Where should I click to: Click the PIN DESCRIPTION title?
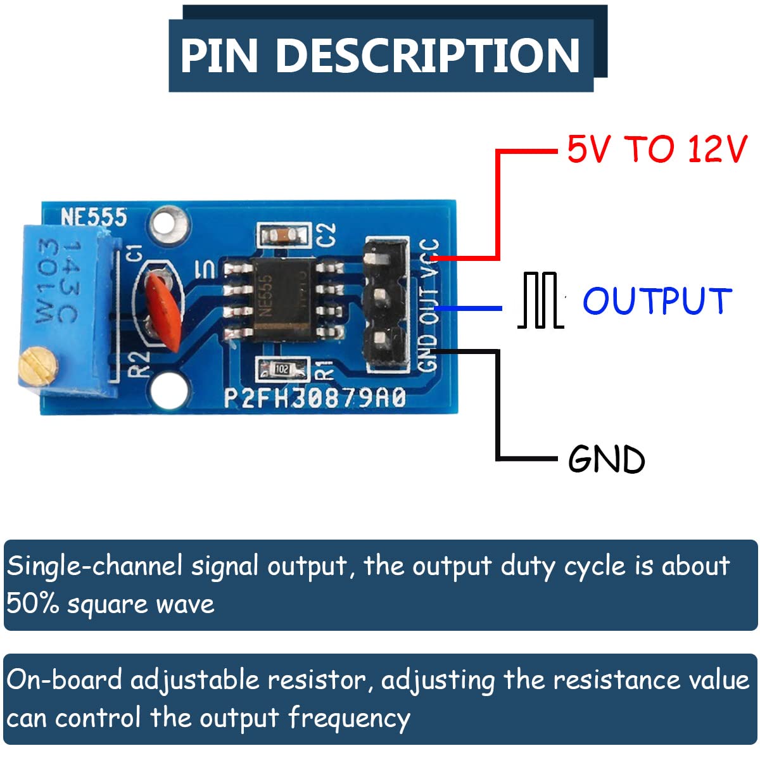380,56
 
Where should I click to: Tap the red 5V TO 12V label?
657,150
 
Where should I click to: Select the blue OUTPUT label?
657,301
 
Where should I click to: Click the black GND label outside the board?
606,459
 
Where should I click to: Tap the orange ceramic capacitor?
164,310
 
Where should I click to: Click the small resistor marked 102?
282,369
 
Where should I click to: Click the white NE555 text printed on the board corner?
94,217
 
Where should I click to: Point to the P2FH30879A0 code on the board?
315,398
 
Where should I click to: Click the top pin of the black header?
383,259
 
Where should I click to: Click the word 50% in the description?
32,604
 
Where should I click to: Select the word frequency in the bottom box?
349,718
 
